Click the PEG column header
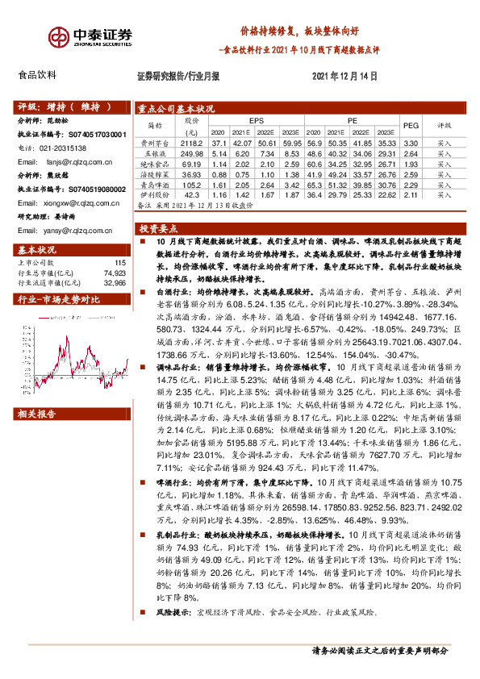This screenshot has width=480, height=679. click(x=411, y=126)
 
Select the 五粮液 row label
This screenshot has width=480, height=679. click(x=153, y=152)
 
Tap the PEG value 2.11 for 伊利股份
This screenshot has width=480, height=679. click(x=411, y=194)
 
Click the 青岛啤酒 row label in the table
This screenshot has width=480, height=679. click(x=153, y=184)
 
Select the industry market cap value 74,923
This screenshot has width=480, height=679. click(x=115, y=273)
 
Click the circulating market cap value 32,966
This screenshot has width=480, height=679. click(x=115, y=284)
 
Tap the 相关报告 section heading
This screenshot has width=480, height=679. click(x=36, y=414)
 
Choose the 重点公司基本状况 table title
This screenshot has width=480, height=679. click(x=177, y=108)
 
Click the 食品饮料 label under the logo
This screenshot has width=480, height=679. click(x=36, y=76)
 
